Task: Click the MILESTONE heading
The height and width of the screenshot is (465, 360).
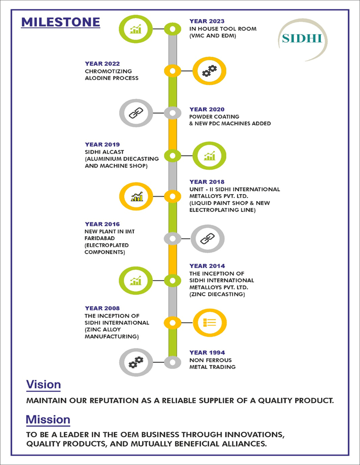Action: click(x=61, y=22)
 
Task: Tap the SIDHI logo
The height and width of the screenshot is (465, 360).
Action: click(x=302, y=38)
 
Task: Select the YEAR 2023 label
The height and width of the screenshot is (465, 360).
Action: click(x=207, y=21)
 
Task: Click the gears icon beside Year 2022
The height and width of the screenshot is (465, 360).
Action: click(x=209, y=71)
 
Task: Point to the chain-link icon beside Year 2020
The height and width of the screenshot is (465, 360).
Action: click(x=136, y=113)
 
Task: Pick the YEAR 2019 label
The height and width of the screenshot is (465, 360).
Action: click(x=102, y=145)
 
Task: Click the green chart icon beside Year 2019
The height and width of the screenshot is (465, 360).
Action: click(x=209, y=156)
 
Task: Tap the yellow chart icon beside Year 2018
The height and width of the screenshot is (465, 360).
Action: click(x=136, y=196)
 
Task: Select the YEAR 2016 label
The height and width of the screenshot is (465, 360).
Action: click(x=102, y=224)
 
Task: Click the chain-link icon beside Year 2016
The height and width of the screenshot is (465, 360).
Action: click(x=207, y=239)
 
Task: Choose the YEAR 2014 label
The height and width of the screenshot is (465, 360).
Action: click(x=207, y=266)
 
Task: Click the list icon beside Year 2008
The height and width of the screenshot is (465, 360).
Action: click(x=210, y=323)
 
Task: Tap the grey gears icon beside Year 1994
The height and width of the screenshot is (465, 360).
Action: click(x=136, y=362)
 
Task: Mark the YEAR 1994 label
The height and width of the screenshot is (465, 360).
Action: click(x=207, y=352)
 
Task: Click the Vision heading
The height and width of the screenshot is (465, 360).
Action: click(x=44, y=384)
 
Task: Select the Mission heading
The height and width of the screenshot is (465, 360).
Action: click(x=48, y=420)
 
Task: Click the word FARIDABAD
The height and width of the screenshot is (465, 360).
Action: click(x=99, y=238)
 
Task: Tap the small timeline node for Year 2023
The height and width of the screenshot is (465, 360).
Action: click(x=173, y=29)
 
